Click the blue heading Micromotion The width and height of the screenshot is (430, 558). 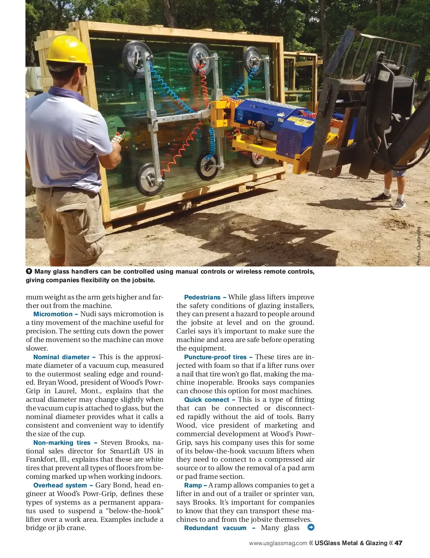(53, 314)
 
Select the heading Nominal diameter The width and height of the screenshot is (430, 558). (61, 357)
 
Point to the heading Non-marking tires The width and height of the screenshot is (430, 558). (62, 443)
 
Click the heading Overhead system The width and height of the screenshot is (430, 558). (60, 485)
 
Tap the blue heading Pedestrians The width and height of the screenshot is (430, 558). (202, 297)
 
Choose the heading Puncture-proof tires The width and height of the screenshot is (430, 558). (215, 357)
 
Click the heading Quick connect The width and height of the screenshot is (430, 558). (206, 400)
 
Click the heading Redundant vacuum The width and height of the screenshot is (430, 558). (215, 528)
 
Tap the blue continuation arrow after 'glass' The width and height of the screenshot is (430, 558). (311, 528)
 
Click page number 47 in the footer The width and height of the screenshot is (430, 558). (398, 543)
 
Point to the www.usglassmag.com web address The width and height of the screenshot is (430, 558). (278, 543)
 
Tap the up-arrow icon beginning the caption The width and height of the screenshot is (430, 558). (29, 271)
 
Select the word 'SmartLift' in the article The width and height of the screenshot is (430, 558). (125, 451)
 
